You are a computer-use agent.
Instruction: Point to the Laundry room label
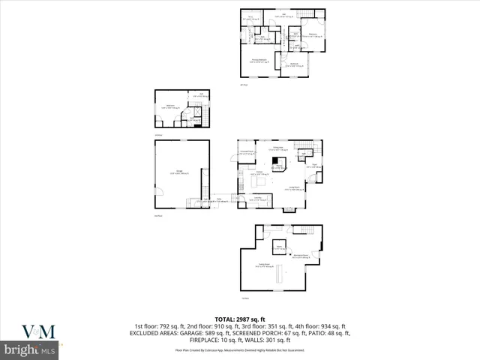click(x=256, y=198)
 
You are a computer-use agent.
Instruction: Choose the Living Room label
click(x=295, y=189)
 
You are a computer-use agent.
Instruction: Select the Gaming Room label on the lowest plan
click(x=263, y=265)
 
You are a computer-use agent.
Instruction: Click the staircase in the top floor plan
click(x=306, y=16)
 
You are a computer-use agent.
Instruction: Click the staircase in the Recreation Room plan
click(x=303, y=229)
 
